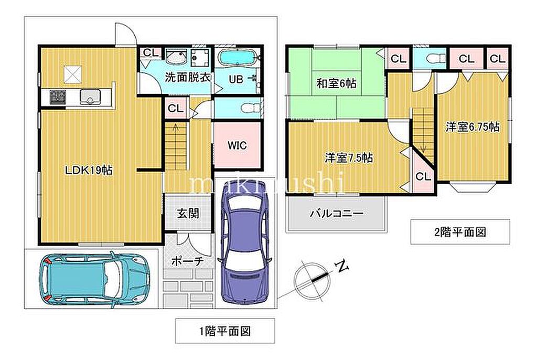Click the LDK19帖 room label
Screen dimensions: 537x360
coord(89,170)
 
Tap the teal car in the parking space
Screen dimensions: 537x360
coord(94,279)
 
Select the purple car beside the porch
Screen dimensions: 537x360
coord(246,241)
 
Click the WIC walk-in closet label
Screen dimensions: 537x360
coord(238,145)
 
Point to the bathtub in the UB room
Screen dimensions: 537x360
coord(238,58)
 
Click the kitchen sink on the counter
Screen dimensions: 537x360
coord(90,97)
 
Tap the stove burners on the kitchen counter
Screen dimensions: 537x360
coord(58,97)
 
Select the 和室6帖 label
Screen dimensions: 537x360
coord(336,83)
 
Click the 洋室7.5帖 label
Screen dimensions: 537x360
coord(349,158)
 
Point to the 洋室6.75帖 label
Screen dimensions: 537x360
coord(472,127)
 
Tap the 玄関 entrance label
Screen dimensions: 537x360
coord(188,214)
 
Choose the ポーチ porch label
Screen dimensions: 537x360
coord(187,261)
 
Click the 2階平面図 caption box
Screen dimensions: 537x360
coord(460,232)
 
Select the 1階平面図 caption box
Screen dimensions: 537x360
coord(225,331)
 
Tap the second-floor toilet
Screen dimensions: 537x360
coord(435,59)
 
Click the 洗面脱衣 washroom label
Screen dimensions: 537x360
coord(188,78)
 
